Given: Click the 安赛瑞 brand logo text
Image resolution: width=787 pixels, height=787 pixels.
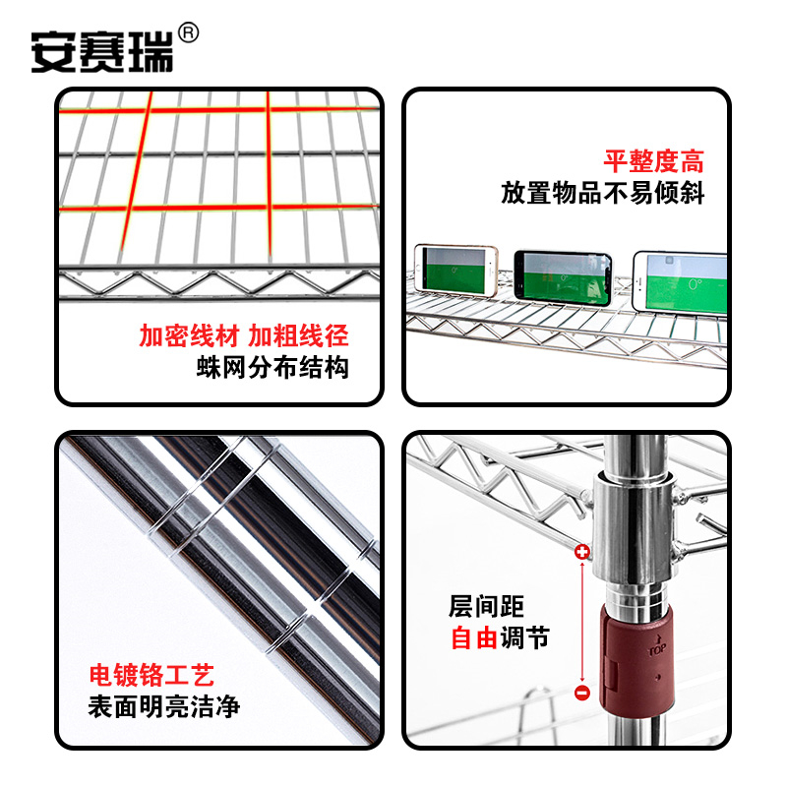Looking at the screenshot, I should [101, 50].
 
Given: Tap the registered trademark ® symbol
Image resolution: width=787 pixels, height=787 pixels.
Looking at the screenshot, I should [189, 32].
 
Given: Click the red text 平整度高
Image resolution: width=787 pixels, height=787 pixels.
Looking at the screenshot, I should [654, 161].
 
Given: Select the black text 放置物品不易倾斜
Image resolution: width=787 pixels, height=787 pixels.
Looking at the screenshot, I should [602, 193].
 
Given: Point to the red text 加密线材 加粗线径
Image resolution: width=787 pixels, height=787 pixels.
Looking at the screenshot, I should [243, 336].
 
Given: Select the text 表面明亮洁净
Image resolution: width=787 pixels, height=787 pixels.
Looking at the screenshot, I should [164, 706].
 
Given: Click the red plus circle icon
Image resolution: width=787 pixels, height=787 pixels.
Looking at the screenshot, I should [581, 553].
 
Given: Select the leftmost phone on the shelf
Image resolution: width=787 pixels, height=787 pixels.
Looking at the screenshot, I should [454, 272].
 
